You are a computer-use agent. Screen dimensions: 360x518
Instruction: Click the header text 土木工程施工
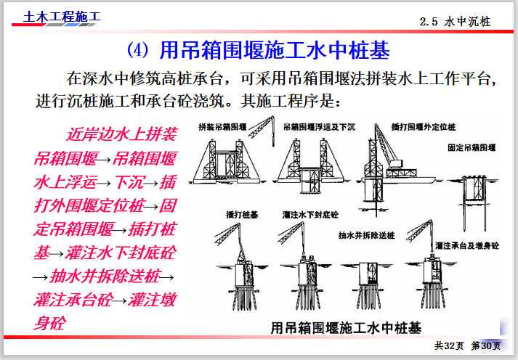point(62,16)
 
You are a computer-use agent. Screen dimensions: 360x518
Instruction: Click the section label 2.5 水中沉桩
point(455,22)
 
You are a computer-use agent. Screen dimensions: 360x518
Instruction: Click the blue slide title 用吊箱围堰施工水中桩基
point(275,50)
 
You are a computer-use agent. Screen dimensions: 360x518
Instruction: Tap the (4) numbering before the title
point(137,50)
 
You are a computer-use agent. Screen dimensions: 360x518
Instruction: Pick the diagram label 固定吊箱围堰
point(472,147)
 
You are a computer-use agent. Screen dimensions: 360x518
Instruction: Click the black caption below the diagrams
point(345,326)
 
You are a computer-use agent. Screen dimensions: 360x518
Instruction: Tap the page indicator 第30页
point(486,345)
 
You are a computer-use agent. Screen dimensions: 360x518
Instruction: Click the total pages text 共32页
point(449,345)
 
